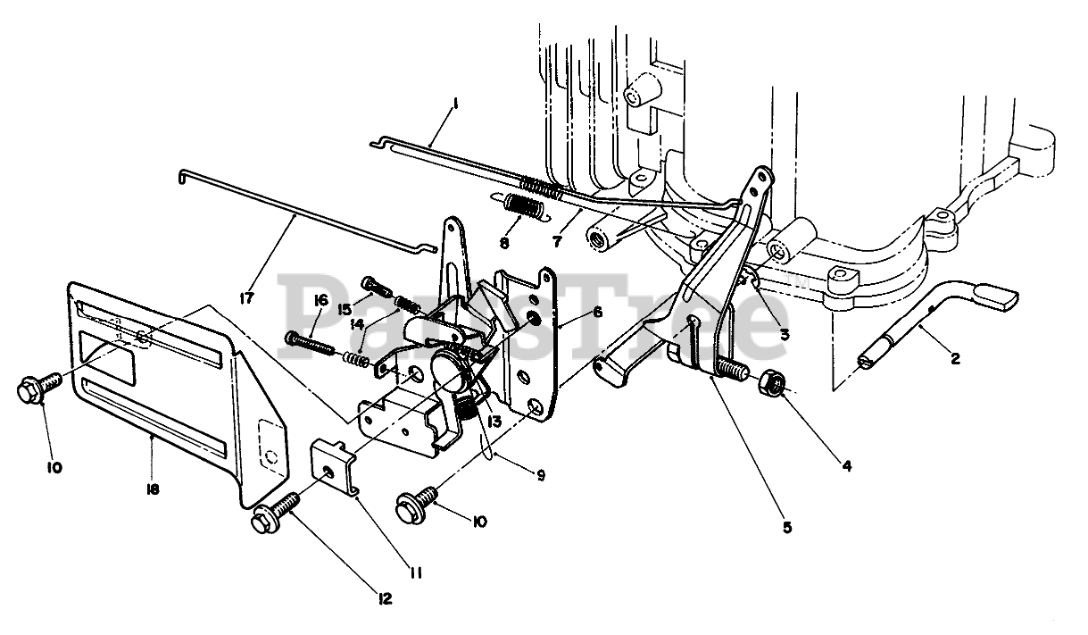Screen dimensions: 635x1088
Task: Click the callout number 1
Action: pos(454,104)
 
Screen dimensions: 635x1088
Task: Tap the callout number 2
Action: pos(955,359)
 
